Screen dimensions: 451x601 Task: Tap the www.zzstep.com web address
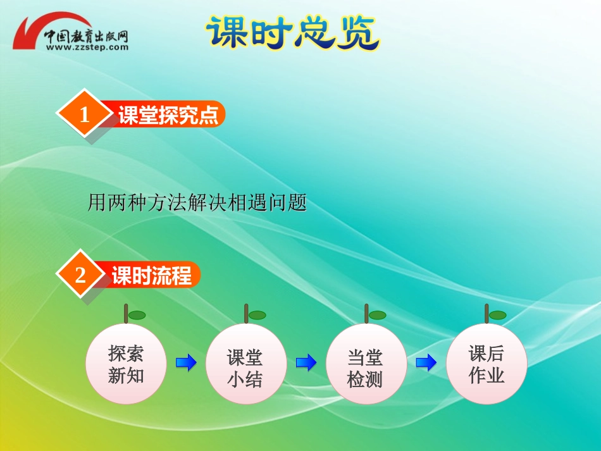[87, 47]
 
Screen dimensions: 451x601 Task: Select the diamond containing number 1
[84, 114]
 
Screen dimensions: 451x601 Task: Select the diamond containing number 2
[80, 276]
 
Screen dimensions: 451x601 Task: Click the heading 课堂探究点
[168, 115]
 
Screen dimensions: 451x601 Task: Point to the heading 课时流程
[151, 276]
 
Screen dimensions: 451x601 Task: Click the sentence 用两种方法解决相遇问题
[197, 203]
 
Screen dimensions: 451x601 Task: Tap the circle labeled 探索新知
[126, 364]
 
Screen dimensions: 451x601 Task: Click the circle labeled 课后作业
[486, 364]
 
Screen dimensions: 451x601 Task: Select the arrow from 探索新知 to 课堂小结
[186, 362]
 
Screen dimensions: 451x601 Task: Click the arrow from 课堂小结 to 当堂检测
[306, 362]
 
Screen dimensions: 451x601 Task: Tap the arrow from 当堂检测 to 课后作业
[426, 362]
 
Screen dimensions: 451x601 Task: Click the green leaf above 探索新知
[137, 315]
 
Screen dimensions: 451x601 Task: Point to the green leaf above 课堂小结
[257, 315]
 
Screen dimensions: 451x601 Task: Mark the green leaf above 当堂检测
[377, 315]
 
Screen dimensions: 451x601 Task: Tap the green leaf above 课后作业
[497, 315]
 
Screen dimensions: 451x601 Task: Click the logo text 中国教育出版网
[87, 35]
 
